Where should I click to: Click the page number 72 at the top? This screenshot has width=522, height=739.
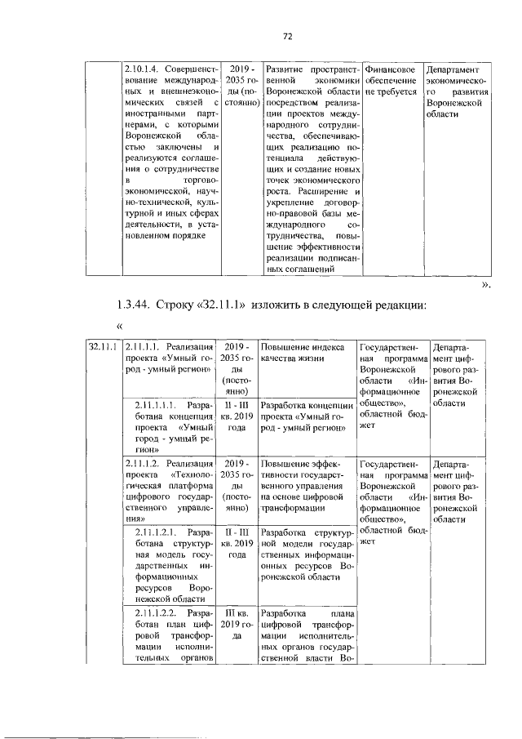pyautogui.click(x=287, y=37)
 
